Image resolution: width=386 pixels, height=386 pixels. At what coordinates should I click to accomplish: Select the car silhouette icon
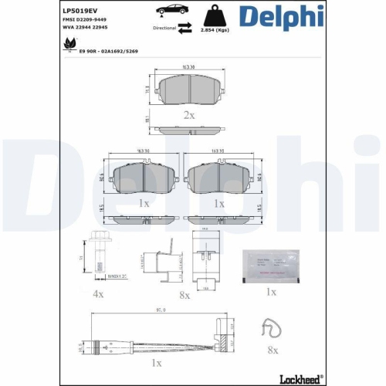tap(169, 10)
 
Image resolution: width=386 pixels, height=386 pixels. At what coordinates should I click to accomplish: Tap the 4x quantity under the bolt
tap(98, 294)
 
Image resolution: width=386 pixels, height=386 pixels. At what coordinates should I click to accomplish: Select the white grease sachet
tap(269, 263)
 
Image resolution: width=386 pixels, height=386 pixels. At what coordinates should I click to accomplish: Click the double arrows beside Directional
tap(185, 27)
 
